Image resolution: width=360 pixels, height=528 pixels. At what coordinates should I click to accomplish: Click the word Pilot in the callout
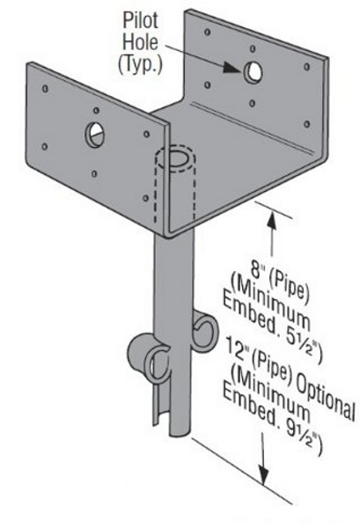click(x=141, y=20)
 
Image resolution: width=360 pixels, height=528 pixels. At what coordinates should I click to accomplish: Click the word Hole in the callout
click(x=140, y=42)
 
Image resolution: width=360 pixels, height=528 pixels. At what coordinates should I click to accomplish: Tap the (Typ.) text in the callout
click(x=141, y=64)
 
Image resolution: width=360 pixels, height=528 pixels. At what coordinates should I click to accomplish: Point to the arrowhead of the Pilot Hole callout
click(x=232, y=68)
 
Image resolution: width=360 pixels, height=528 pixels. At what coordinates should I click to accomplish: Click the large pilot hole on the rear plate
click(x=253, y=72)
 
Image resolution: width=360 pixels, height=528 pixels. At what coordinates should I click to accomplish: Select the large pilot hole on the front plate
click(x=95, y=135)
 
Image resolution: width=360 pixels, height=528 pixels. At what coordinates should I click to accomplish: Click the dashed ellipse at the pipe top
click(x=175, y=158)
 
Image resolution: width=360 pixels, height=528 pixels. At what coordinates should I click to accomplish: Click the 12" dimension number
click(x=237, y=347)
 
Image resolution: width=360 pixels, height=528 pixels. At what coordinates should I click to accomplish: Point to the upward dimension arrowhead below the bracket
click(x=272, y=220)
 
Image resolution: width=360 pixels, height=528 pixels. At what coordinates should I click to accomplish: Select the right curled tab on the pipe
click(x=206, y=332)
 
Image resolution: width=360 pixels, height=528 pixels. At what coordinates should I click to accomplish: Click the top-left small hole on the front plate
click(x=45, y=89)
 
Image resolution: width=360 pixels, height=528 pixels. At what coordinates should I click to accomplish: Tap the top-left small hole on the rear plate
click(x=208, y=32)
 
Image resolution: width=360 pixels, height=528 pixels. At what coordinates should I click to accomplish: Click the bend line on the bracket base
click(x=249, y=126)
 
